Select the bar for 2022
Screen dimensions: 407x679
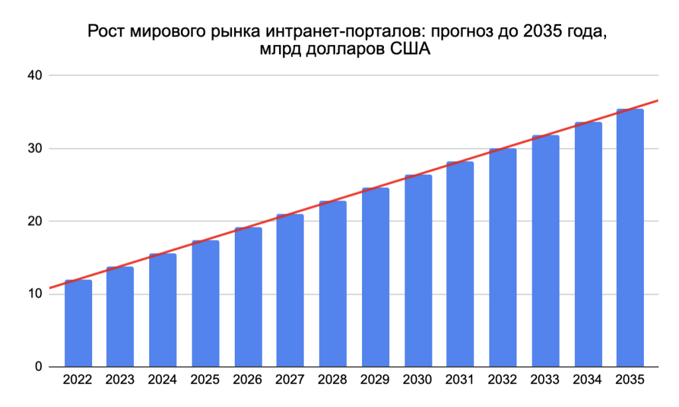78,323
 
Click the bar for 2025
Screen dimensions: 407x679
206,303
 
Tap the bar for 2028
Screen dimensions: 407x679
333,284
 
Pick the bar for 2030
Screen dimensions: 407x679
418,271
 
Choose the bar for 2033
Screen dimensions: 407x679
545,251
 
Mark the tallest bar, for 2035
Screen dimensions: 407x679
630,238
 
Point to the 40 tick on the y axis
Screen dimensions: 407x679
34,76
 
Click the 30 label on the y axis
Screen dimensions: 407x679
34,149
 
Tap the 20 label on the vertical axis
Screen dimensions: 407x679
34,221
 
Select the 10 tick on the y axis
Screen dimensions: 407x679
34,294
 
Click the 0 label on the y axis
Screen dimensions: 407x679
38,366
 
